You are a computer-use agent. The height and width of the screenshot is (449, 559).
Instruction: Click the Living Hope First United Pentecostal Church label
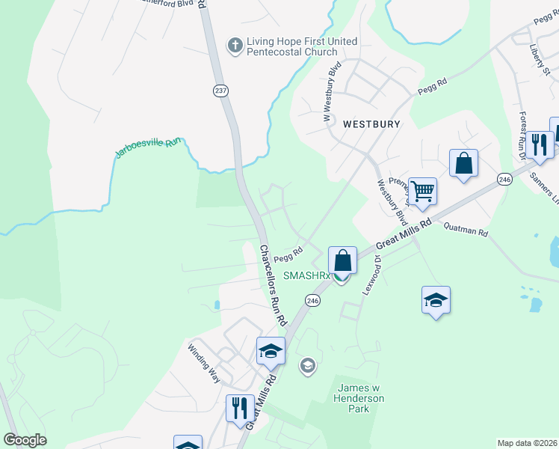(x=291, y=46)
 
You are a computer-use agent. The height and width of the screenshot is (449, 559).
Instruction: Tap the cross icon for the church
(x=235, y=46)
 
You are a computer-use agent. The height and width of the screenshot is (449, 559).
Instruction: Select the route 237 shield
(x=220, y=90)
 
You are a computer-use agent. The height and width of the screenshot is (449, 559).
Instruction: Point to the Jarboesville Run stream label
(x=148, y=147)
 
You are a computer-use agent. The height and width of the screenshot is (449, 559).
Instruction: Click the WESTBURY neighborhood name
(x=371, y=123)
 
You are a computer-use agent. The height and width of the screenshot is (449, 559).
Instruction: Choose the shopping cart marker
(x=422, y=192)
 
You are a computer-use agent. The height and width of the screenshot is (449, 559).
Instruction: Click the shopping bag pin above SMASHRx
(x=342, y=261)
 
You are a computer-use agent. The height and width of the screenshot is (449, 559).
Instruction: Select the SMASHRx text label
(x=306, y=276)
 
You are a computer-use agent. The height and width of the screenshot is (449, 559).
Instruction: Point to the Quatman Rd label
(x=465, y=229)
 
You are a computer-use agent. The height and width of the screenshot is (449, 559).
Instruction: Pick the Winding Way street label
(x=204, y=363)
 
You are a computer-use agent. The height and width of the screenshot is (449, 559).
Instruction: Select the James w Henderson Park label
(x=361, y=398)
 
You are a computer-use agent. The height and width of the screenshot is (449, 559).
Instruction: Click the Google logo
(x=25, y=440)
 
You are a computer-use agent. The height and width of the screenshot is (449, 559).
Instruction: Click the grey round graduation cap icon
(x=306, y=366)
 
